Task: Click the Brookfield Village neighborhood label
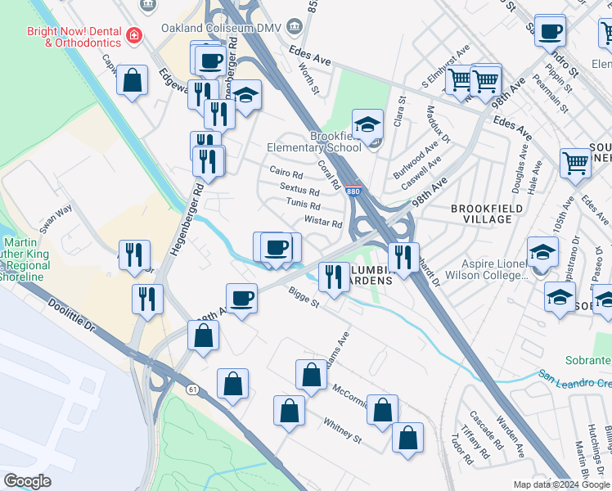[x=487, y=214]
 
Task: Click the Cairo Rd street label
[x=286, y=174]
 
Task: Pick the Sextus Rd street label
[x=299, y=191]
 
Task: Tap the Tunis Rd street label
[x=304, y=205]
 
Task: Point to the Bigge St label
[x=302, y=296]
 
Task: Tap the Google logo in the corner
[x=27, y=481]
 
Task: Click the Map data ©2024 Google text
[x=561, y=484]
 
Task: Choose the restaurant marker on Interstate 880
[x=403, y=257]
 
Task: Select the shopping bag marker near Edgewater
[x=132, y=82]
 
